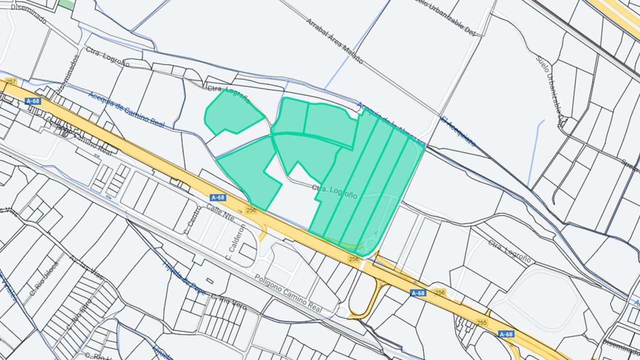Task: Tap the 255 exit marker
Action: [481, 322]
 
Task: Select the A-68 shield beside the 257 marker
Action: [32, 101]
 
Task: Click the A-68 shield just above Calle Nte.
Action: [217, 197]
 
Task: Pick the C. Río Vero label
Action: [228, 302]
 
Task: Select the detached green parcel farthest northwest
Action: [232, 112]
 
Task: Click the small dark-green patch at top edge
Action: [65, 4]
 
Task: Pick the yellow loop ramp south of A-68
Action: [370, 300]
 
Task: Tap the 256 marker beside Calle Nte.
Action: [251, 210]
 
